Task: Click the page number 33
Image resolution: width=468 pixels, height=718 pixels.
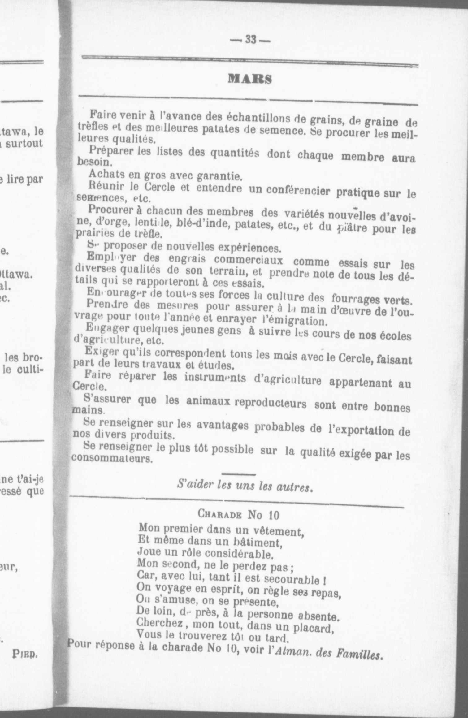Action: (x=250, y=40)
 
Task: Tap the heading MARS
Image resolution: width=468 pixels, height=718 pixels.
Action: (x=250, y=79)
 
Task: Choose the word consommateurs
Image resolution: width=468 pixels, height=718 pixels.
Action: (x=112, y=458)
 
